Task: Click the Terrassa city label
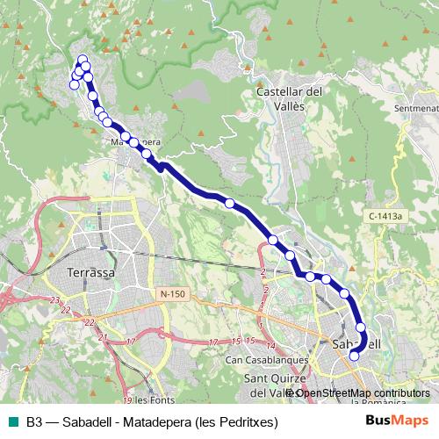pos(91,272)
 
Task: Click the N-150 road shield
pos(176,292)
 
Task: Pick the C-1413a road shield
pos(384,214)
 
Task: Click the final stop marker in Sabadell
pos(354,356)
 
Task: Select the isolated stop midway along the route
pos(230,203)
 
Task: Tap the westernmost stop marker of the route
pos(73,85)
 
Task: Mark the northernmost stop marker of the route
pos(83,60)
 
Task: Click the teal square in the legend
pos(11,421)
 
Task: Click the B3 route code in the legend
pos(34,421)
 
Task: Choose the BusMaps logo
pos(397,421)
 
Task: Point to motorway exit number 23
pos(54,301)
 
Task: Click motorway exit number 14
pos(271,345)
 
